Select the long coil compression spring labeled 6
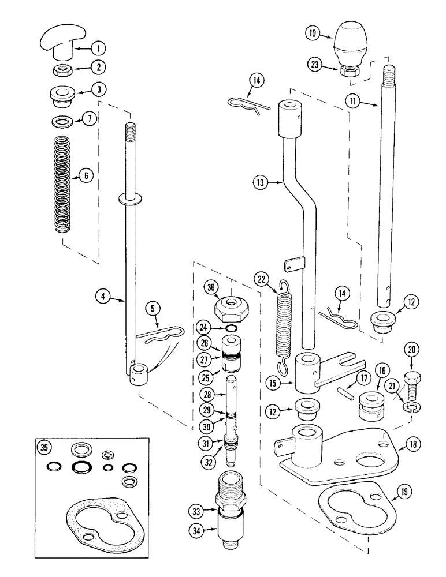point(61,180)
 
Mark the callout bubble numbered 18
point(429,444)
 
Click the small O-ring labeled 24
point(231,329)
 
